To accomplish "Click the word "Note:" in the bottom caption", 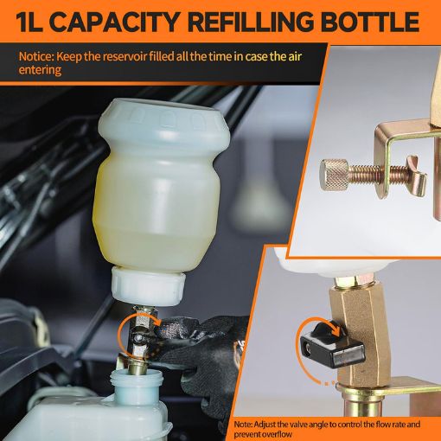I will pyautogui.click(x=246, y=425).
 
